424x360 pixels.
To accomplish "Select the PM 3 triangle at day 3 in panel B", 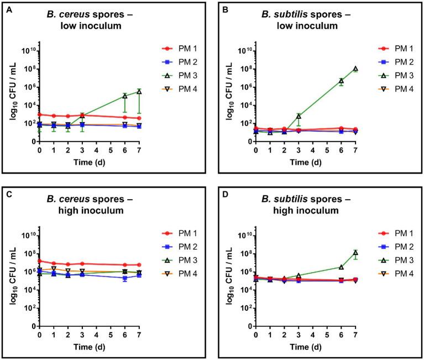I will coord(298,116).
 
